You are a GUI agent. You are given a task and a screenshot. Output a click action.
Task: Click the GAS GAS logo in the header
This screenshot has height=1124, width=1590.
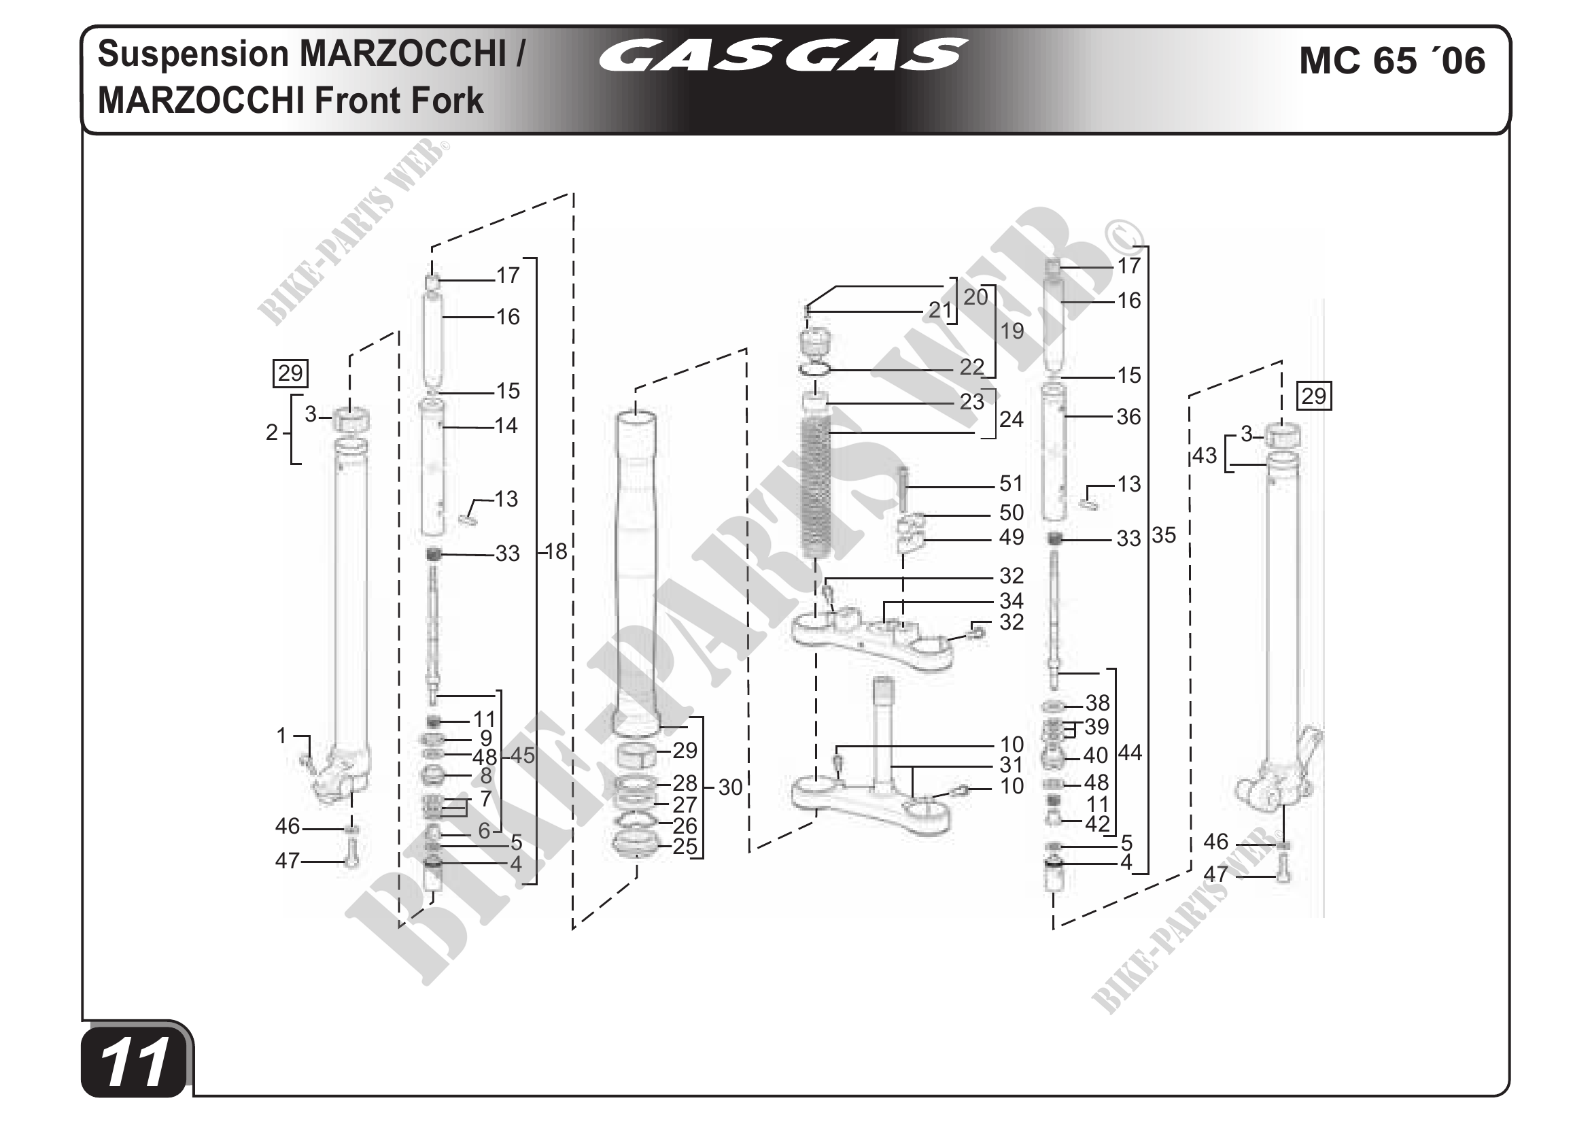[x=782, y=55]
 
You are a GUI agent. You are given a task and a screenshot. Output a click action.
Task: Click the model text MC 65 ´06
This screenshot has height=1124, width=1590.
[x=1392, y=61]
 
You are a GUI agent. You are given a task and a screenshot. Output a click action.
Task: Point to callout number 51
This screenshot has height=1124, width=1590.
[x=1011, y=483]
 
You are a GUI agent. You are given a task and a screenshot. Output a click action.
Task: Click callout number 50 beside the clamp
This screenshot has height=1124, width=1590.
[x=1011, y=513]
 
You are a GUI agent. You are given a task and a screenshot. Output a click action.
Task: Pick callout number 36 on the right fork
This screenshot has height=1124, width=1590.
[x=1128, y=417]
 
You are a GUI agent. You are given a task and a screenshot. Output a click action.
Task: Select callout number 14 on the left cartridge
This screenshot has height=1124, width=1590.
[x=506, y=425]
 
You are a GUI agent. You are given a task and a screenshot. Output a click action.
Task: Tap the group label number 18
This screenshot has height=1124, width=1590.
[x=556, y=551]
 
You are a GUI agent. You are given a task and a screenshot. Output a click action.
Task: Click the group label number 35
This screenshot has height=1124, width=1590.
[x=1164, y=534]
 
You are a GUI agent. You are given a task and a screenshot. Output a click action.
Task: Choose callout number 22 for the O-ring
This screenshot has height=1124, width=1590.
[x=971, y=367]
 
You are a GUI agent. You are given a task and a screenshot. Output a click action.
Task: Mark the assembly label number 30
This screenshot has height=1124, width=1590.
[x=730, y=787]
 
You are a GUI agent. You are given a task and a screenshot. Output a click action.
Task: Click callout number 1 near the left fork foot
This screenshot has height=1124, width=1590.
[x=281, y=736]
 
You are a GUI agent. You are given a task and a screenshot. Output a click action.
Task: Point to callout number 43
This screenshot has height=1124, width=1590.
[x=1205, y=455]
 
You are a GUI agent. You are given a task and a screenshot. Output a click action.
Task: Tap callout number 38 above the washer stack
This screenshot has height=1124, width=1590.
[x=1098, y=703]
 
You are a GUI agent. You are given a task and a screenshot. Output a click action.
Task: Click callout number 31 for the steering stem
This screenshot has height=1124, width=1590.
[x=1011, y=764]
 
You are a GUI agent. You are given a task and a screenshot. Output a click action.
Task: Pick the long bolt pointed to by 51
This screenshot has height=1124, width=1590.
[x=903, y=488]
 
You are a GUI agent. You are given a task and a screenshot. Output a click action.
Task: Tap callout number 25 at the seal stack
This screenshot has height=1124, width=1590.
[x=685, y=847]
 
